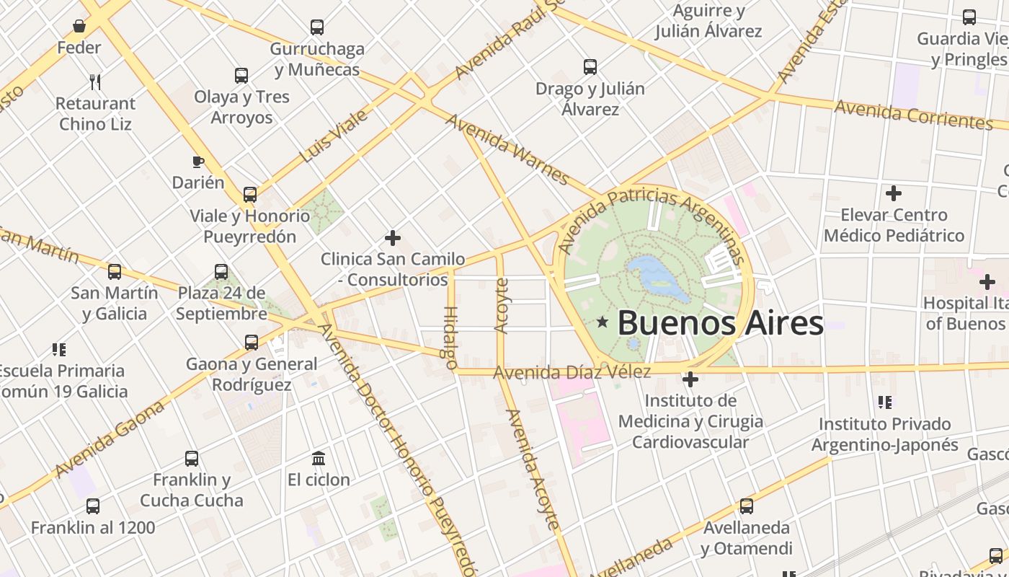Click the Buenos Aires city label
719,322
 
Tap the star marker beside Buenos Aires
603,322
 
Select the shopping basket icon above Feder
79,27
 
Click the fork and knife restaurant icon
95,82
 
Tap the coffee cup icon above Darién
198,162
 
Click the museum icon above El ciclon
319,458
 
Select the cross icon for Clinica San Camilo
393,237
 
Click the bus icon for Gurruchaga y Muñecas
317,27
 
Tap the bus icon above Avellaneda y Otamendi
747,506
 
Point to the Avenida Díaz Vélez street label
572,372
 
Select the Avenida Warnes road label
507,149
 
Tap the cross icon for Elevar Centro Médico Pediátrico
894,193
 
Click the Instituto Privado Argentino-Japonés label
884,434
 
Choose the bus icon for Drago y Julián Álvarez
590,67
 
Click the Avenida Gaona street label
110,439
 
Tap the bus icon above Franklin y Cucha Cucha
192,458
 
